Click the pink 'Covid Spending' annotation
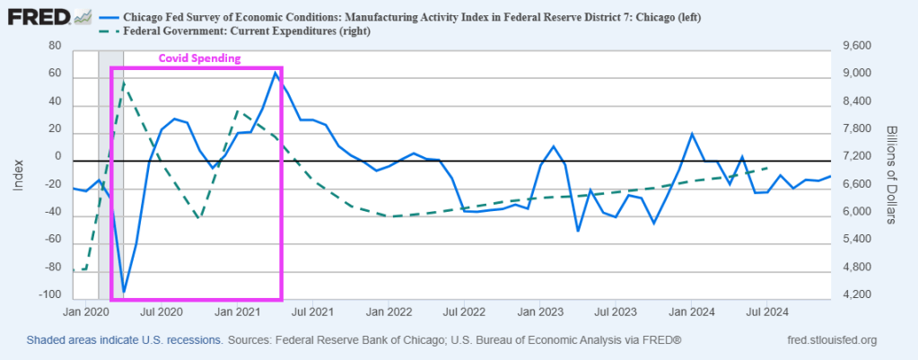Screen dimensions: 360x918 click(x=200, y=57)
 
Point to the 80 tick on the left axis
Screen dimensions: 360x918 click(x=57, y=46)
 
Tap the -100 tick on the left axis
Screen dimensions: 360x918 click(x=53, y=295)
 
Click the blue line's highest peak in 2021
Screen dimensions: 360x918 click(x=275, y=73)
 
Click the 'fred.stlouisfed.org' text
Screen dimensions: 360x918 click(x=830, y=341)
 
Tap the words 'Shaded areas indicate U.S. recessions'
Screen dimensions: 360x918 click(x=125, y=341)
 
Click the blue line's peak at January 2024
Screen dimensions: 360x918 click(x=692, y=135)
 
